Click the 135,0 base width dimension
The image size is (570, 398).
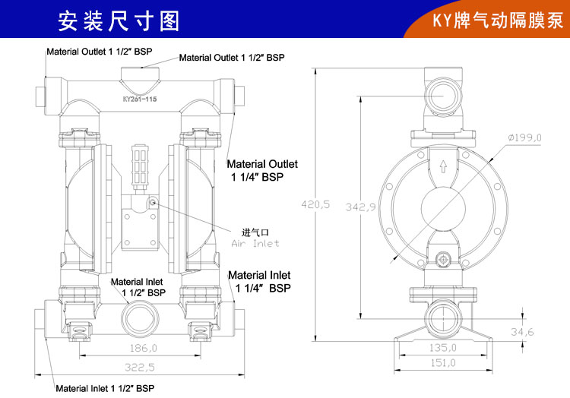click(443, 347)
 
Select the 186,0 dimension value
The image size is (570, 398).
click(142, 348)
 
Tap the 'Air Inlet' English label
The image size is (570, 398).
click(255, 243)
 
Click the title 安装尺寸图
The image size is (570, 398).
click(119, 20)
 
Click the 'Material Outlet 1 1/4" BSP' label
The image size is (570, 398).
click(262, 169)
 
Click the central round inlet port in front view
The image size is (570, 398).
click(142, 313)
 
